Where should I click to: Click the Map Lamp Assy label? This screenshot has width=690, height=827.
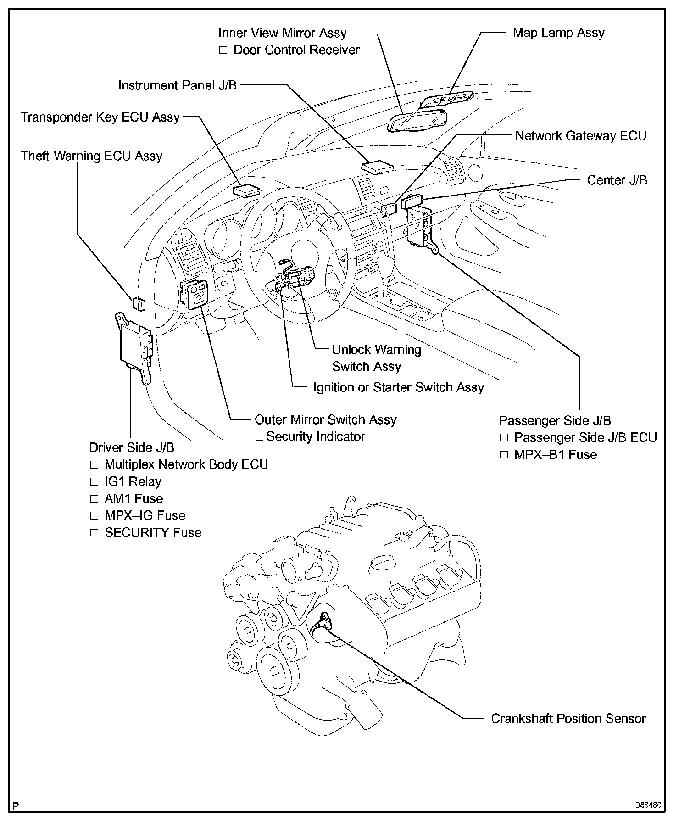558,33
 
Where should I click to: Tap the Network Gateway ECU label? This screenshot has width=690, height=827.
580,136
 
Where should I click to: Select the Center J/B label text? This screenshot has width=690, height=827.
617,180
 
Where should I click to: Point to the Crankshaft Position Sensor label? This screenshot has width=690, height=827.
568,718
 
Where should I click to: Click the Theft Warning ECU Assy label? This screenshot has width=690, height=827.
91,156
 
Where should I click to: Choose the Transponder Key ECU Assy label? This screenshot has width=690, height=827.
100,117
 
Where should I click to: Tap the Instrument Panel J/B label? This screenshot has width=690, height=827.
178,85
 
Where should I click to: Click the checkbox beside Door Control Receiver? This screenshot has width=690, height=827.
223,50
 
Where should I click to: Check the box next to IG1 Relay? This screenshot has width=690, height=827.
94,482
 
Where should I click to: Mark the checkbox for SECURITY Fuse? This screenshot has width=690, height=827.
94,533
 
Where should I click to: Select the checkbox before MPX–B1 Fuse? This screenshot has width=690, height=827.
504,455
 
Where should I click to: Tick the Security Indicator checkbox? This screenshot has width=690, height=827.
259,436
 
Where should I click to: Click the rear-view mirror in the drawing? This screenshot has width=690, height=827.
417,120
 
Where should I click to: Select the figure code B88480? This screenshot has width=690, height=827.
648,805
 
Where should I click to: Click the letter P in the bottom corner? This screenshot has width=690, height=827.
16,806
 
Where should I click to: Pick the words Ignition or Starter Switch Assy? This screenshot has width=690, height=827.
398,388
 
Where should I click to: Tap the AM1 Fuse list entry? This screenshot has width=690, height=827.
134,499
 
